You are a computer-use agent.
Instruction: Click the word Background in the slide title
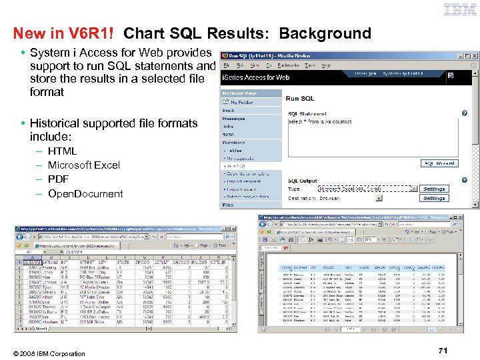coord(325,33)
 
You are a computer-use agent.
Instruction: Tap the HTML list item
coord(62,151)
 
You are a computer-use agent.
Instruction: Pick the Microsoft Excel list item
coord(84,165)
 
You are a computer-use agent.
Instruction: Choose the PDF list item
coord(59,179)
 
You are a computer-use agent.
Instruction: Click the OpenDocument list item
coord(85,194)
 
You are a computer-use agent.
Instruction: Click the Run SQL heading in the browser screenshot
coord(300,99)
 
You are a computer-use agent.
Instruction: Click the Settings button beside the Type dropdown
coord(434,189)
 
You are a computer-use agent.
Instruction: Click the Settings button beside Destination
coord(434,198)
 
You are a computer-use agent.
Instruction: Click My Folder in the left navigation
coord(242,102)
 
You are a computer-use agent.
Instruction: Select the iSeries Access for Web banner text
coord(255,77)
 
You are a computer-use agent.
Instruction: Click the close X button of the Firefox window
coord(475,57)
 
